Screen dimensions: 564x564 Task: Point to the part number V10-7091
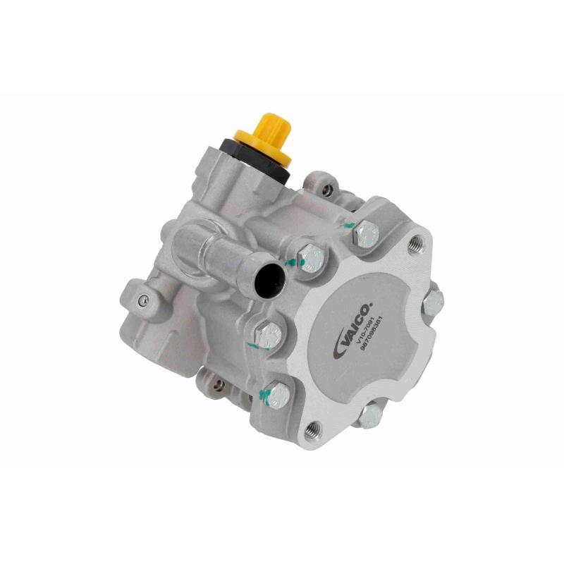click(x=366, y=337)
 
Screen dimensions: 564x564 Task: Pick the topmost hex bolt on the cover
click(x=367, y=233)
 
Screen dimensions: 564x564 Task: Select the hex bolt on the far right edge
click(x=433, y=303)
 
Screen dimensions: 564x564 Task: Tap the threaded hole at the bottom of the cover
click(x=312, y=428)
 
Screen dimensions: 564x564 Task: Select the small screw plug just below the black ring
click(x=325, y=189)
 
